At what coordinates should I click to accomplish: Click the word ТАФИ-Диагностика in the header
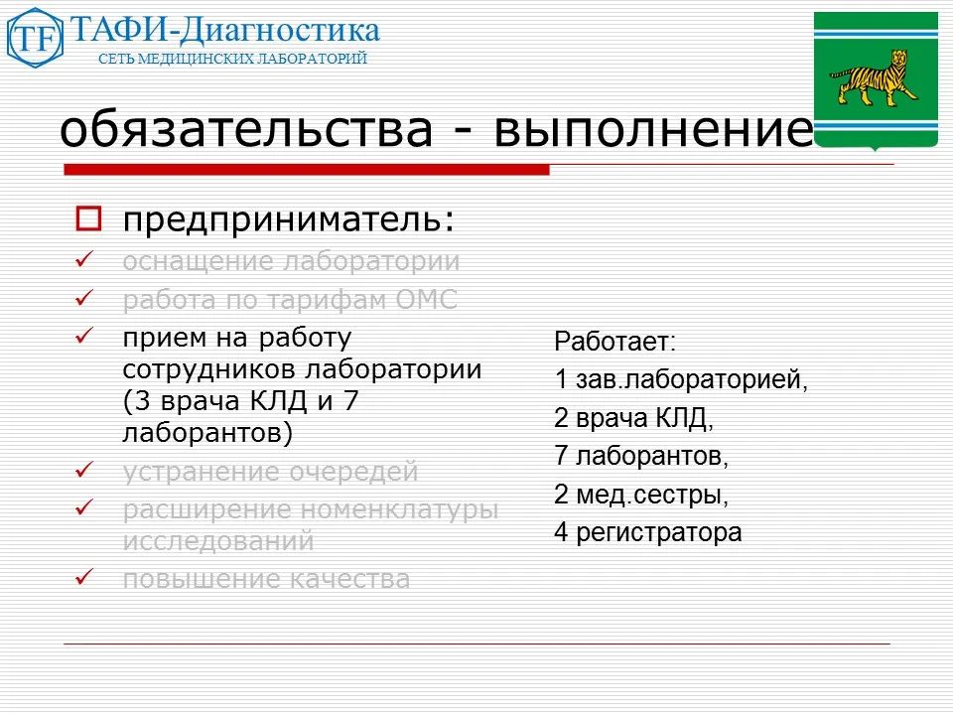tap(224, 30)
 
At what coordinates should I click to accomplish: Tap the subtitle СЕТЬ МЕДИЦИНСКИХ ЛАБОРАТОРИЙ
tap(232, 59)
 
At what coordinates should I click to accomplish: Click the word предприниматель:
tap(289, 218)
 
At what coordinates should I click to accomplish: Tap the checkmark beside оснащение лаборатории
tap(85, 261)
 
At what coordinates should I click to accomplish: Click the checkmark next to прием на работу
tap(85, 338)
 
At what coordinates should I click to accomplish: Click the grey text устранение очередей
tap(270, 472)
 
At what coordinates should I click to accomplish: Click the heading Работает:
tap(614, 342)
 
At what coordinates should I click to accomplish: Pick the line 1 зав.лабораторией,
tap(681, 380)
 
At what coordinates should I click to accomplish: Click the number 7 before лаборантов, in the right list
tap(561, 457)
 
